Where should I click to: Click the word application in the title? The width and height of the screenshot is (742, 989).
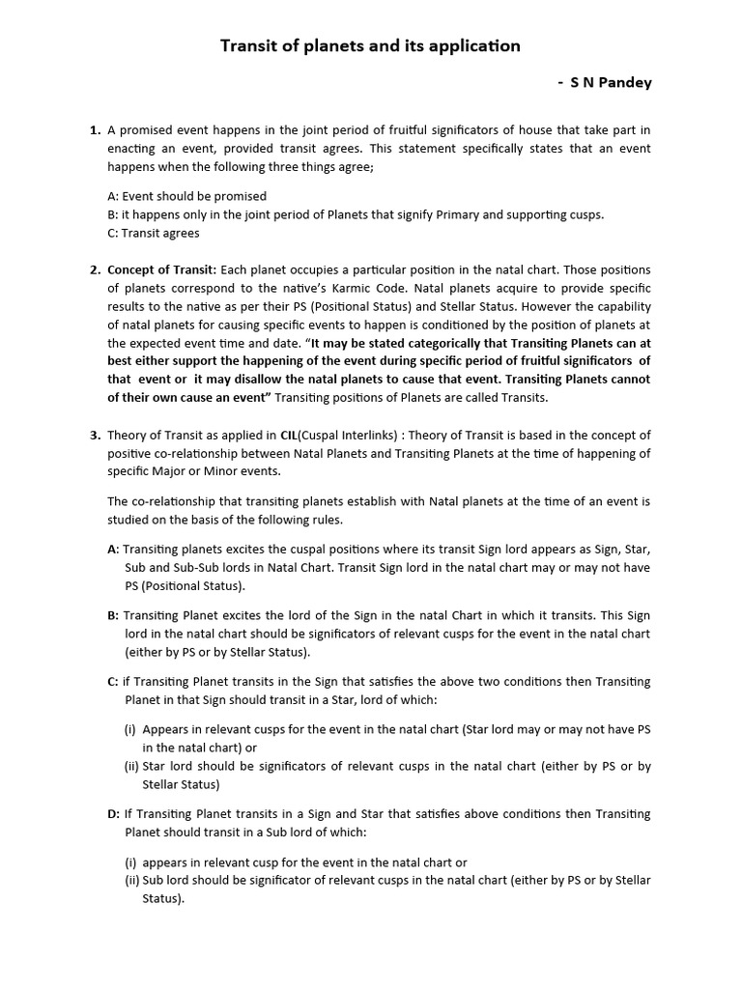coord(475,45)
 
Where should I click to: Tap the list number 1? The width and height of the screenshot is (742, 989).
coord(95,129)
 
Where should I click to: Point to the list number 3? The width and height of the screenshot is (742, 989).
coord(95,436)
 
